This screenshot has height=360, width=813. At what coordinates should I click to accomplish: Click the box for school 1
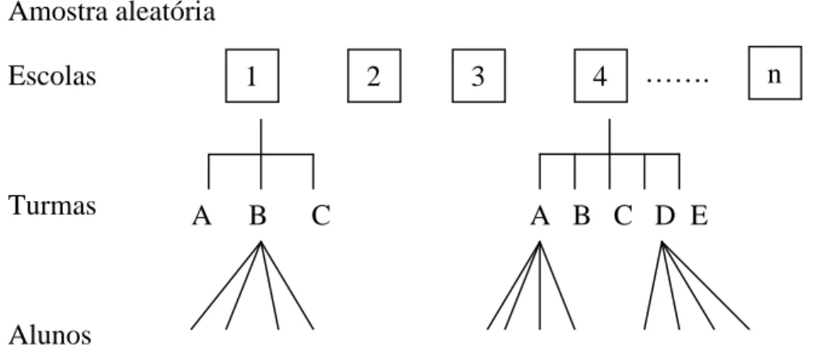pyautogui.click(x=252, y=76)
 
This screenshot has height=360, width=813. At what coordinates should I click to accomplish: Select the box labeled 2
pyautogui.click(x=374, y=76)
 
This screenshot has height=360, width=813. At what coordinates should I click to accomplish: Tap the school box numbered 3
pyautogui.click(x=479, y=76)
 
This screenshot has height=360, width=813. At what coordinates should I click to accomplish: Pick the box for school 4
pyautogui.click(x=601, y=76)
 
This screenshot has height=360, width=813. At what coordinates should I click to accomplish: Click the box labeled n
pyautogui.click(x=774, y=73)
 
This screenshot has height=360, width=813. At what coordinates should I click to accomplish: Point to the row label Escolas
pyautogui.click(x=52, y=76)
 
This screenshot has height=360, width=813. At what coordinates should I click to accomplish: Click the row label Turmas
pyautogui.click(x=52, y=205)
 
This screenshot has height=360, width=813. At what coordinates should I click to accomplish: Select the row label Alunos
pyautogui.click(x=50, y=335)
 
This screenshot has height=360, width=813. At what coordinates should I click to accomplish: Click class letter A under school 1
pyautogui.click(x=202, y=216)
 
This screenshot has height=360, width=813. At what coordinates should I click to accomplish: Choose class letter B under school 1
pyautogui.click(x=258, y=216)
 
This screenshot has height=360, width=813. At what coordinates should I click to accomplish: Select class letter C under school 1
pyautogui.click(x=321, y=216)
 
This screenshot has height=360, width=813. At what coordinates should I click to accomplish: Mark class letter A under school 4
pyautogui.click(x=540, y=216)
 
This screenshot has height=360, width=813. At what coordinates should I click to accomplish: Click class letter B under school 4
pyautogui.click(x=581, y=216)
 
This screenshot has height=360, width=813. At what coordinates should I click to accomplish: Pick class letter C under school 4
pyautogui.click(x=622, y=216)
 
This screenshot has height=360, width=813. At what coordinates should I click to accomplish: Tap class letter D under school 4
pyautogui.click(x=665, y=216)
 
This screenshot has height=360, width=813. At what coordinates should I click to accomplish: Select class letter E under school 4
pyautogui.click(x=699, y=216)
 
